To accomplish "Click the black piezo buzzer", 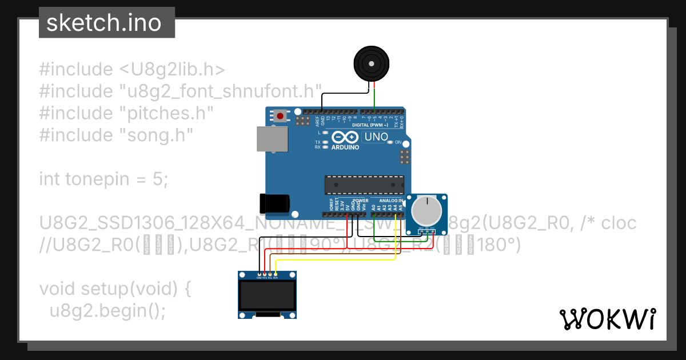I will coord(373,63).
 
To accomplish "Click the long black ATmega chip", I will coord(364,185).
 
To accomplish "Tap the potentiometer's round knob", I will coord(426,210).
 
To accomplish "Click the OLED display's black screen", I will coord(268,295).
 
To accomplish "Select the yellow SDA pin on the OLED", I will coord(276,275).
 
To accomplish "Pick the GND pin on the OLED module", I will coord(259,275).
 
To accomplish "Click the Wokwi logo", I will coord(607,319).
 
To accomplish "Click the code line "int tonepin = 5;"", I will coord(104,179).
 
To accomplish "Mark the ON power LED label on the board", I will coord(398,142).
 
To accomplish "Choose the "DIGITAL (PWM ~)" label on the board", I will coord(369,125).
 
